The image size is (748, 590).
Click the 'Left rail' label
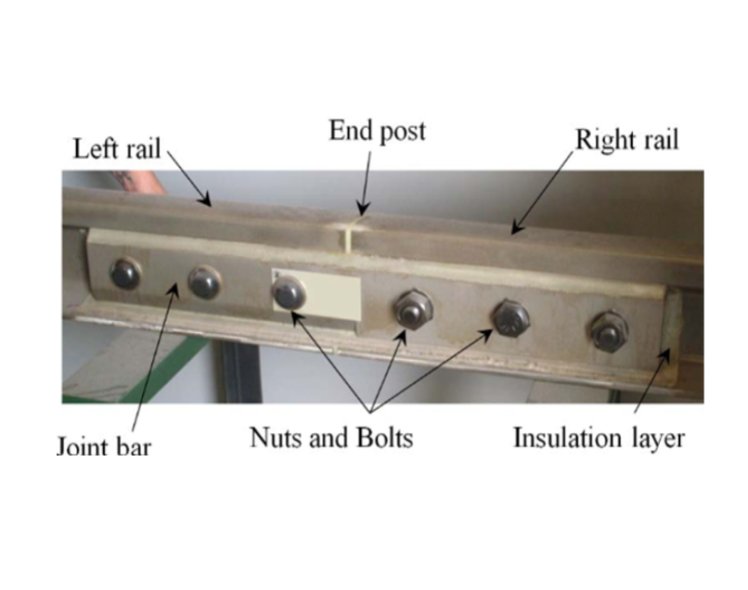(117, 148)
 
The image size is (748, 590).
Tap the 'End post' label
(377, 131)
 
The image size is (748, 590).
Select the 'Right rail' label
(626, 140)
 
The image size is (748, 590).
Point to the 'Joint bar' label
(104, 445)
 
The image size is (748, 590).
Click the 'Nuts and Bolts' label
(331, 437)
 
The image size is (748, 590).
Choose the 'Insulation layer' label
(599, 438)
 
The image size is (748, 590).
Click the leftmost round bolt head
(125, 274)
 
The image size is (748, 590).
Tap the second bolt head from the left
(205, 282)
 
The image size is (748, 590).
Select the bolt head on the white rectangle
(289, 293)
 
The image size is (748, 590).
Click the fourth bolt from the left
(413, 309)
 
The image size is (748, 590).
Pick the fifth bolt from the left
(511, 318)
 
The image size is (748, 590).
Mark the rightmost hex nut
(609, 332)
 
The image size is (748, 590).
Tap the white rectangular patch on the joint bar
(316, 294)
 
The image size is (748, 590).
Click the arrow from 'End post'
(366, 184)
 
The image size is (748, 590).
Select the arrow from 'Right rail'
(541, 194)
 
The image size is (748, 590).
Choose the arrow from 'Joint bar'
(155, 356)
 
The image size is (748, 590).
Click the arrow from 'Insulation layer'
(652, 380)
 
